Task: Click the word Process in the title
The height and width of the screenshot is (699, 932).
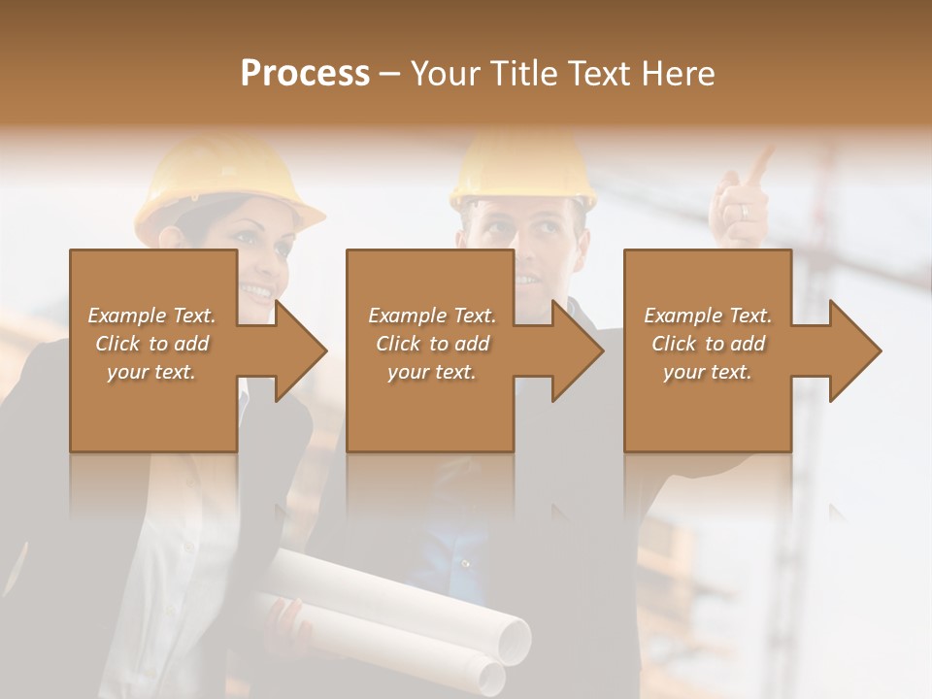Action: click(x=305, y=74)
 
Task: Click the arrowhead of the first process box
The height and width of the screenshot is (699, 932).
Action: click(x=301, y=350)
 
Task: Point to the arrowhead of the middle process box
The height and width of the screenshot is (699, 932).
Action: click(x=578, y=350)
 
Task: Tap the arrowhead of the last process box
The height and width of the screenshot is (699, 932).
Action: click(x=855, y=350)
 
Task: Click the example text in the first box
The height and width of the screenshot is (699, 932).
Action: click(x=151, y=344)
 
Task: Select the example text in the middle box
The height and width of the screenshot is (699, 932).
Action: click(x=431, y=344)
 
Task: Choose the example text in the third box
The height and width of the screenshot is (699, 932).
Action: click(x=708, y=344)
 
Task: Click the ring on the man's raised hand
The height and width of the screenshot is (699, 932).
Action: click(x=744, y=211)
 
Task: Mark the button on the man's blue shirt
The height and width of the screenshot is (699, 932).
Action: click(x=465, y=563)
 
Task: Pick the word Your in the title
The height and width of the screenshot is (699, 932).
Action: click(x=443, y=74)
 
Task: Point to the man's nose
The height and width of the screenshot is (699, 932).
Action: click(x=527, y=254)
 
